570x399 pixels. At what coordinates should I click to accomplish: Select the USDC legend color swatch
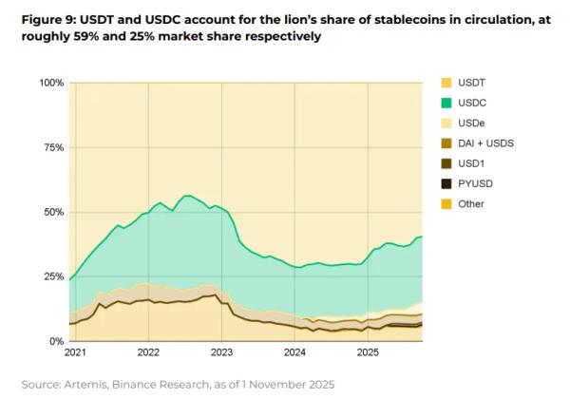coord(447,104)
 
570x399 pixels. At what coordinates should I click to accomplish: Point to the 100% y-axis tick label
coord(49,84)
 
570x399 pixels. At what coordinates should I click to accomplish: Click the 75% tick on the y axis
coord(52,147)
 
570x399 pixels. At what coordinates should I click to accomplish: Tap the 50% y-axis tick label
coord(52,212)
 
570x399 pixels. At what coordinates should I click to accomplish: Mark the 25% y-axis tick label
coord(52,276)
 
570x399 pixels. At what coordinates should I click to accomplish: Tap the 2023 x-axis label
coord(221,352)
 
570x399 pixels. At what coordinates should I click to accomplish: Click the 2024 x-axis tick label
coord(295,352)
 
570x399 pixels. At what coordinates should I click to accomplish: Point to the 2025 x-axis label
coord(370,352)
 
